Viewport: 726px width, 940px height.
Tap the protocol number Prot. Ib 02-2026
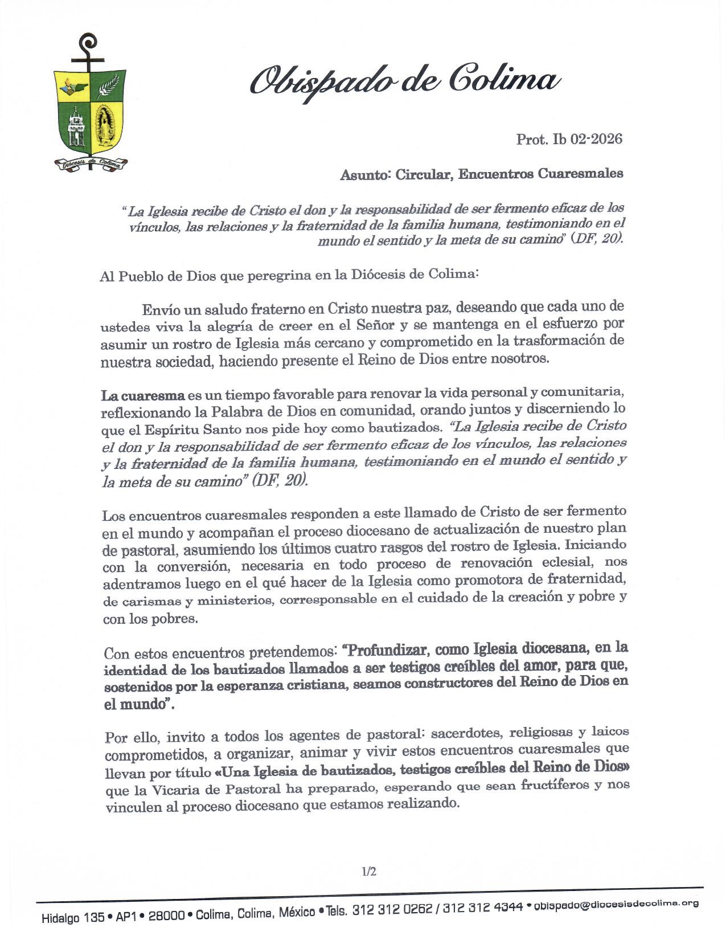(569, 139)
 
